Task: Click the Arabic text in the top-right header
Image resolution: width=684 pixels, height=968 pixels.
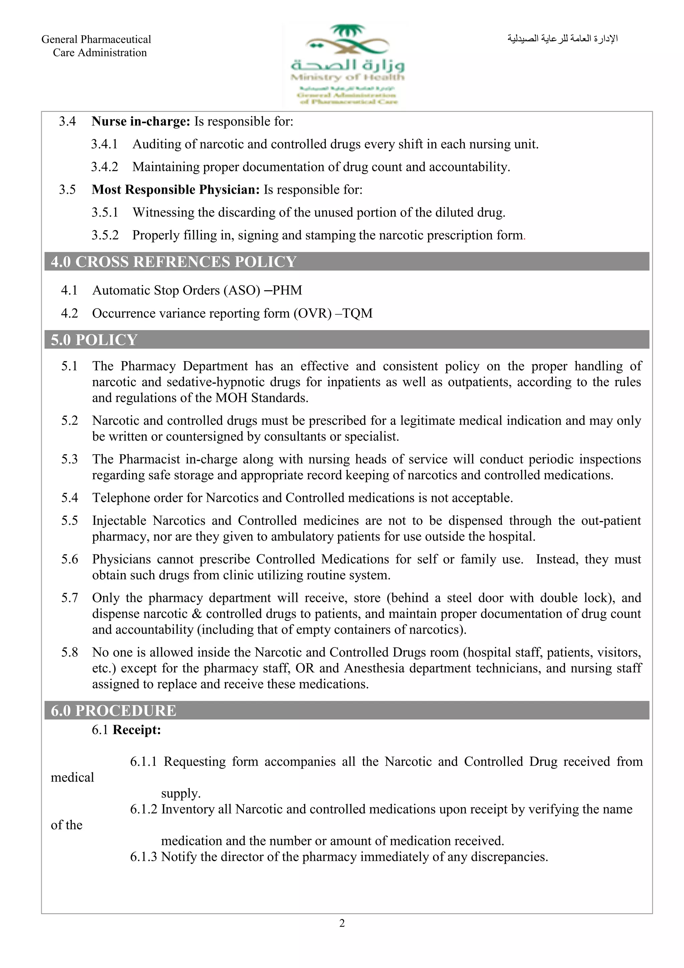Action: [x=562, y=39]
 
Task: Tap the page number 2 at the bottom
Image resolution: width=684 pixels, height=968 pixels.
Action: [x=342, y=923]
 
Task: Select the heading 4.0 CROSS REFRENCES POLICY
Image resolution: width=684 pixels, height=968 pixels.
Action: [x=174, y=262]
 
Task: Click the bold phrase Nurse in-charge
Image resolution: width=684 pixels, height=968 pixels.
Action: [x=141, y=122]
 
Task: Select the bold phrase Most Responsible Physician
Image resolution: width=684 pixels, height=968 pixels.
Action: [x=176, y=190]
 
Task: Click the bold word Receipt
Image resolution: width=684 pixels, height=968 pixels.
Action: [x=137, y=730]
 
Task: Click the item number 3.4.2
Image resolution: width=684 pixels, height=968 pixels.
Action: [x=105, y=167]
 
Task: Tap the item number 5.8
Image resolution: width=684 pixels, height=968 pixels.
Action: [x=69, y=653]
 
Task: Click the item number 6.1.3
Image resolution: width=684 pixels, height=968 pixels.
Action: [x=143, y=857]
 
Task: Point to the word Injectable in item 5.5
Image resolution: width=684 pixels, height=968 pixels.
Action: [x=119, y=521]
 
